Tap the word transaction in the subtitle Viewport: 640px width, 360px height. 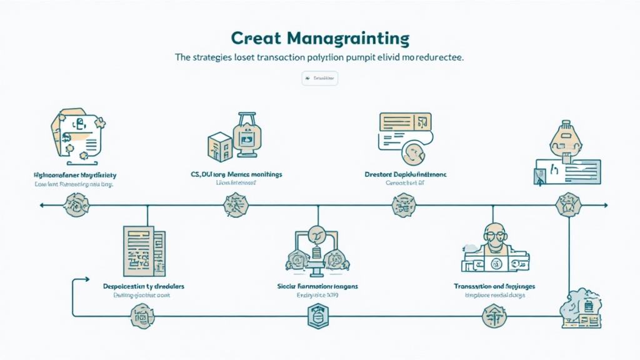coord(263,57)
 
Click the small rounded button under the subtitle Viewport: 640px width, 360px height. coord(319,79)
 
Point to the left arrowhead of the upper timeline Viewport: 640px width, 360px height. coord(41,204)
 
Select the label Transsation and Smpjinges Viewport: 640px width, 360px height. coord(494,286)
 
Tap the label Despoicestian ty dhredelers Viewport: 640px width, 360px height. coord(147,286)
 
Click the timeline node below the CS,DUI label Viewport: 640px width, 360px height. coord(234,205)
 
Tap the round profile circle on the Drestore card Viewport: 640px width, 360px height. coord(414,151)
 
